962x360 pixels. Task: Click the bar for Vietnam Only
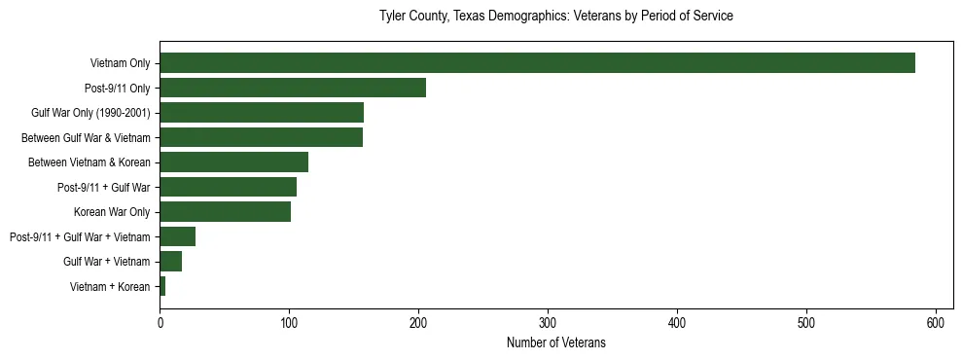[x=537, y=63]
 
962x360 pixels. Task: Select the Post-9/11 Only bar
[x=293, y=88]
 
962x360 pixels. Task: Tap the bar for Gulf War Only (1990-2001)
[x=262, y=113]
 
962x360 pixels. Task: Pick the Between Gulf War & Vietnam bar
[x=261, y=137]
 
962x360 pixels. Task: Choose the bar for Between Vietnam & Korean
[x=233, y=162]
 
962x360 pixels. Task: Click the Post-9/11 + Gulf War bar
[x=229, y=187]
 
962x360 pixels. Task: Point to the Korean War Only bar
[x=225, y=212]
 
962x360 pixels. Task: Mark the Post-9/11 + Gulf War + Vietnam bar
[x=177, y=236]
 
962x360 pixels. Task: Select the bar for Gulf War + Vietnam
[x=170, y=262]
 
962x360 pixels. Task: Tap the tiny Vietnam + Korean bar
[x=162, y=286]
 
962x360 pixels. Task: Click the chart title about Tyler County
[x=555, y=17]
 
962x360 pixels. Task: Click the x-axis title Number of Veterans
[x=555, y=342]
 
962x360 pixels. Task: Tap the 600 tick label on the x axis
[x=936, y=322]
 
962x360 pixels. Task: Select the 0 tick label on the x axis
[x=160, y=322]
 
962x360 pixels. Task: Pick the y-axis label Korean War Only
[x=112, y=212]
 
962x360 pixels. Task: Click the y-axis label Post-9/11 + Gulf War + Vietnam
[x=80, y=236]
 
